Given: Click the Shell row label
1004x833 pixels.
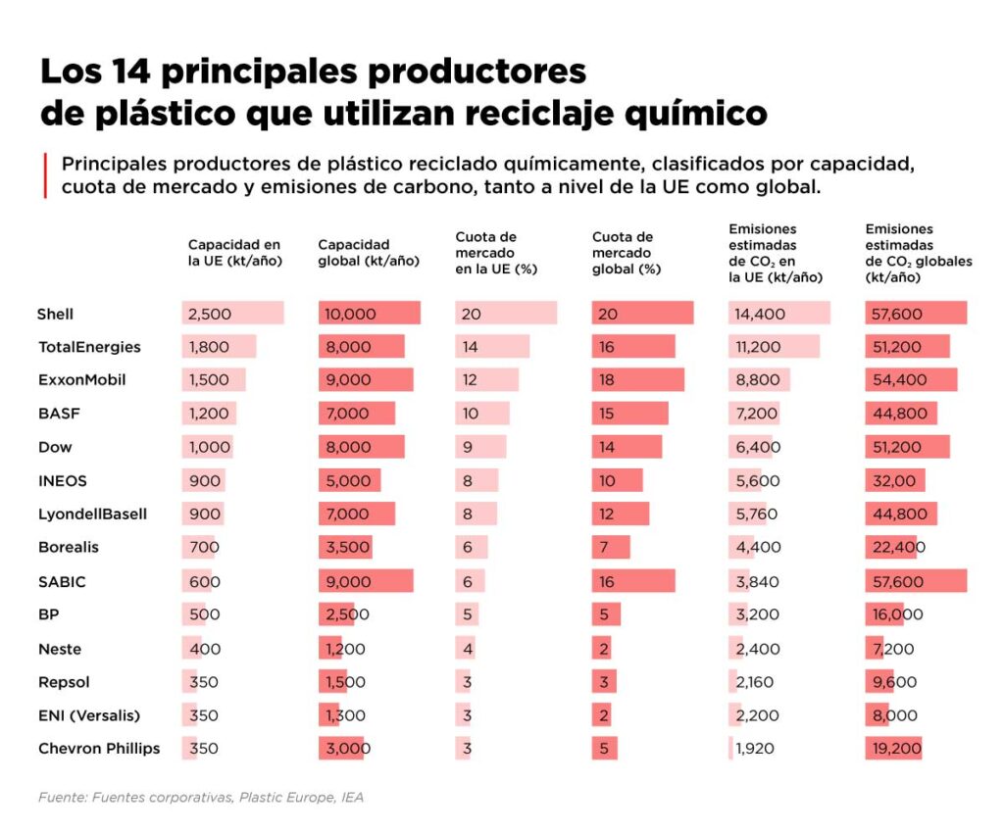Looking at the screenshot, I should (56, 315).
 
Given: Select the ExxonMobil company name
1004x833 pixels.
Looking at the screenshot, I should (82, 380).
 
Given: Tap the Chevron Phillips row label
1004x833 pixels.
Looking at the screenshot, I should (99, 749).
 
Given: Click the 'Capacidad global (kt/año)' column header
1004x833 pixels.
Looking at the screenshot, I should (369, 253).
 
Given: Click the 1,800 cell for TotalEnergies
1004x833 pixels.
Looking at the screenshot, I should (208, 347).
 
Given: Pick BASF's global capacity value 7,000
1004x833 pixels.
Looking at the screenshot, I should (345, 414).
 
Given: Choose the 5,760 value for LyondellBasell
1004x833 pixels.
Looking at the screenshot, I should (756, 514).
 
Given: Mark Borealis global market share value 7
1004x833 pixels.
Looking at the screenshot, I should (605, 548).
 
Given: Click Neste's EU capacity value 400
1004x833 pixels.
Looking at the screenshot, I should (204, 649).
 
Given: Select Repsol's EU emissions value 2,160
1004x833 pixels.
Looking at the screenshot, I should (756, 682).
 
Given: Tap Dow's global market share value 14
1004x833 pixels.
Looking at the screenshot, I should (608, 448).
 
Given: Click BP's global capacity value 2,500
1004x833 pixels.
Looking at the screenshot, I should (345, 615).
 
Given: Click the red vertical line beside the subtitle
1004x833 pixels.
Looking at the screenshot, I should (45, 174).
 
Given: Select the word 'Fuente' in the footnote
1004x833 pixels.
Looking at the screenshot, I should (61, 798).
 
